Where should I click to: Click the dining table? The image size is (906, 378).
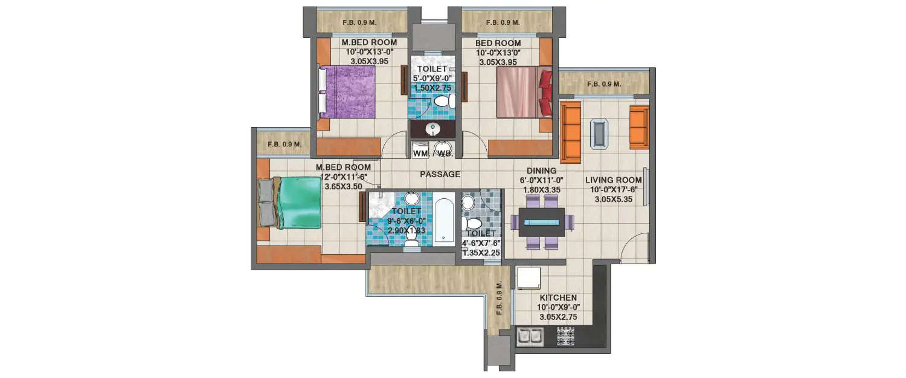tap(542, 223)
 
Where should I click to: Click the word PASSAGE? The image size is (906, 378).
tap(440, 174)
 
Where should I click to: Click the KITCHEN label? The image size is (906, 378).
tap(558, 298)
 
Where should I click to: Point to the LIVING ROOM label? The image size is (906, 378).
tap(613, 179)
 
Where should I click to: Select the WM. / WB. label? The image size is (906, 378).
tap(433, 154)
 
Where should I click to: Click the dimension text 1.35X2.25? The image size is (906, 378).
tap(481, 253)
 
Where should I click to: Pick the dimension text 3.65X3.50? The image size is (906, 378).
tap(343, 186)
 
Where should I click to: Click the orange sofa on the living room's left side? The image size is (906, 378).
tap(570, 132)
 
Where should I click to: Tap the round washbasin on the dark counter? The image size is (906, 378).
tap(432, 129)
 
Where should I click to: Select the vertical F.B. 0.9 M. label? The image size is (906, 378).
tap(499, 299)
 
